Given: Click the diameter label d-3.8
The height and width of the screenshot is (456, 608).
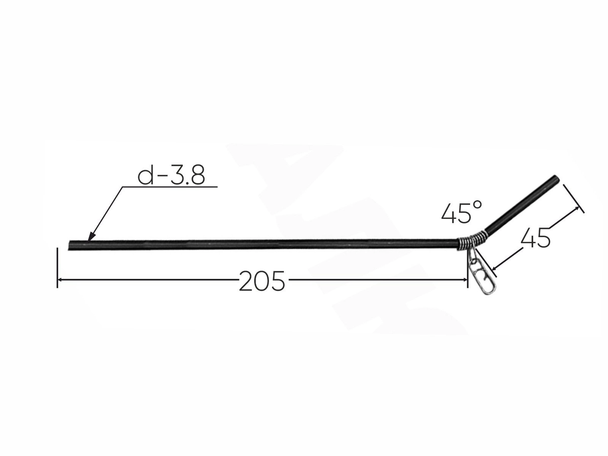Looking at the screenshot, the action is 171,176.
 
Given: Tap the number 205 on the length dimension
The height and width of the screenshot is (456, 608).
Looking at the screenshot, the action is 262,281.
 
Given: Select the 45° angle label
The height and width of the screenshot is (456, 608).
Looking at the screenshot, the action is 462,212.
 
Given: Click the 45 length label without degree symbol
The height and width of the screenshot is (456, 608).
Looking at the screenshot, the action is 536,238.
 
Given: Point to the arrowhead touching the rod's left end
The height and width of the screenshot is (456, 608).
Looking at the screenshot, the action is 91,236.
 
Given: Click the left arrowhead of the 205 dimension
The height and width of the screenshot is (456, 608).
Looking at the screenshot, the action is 61,280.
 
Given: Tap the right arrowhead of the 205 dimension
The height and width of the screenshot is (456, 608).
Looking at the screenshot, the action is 463,280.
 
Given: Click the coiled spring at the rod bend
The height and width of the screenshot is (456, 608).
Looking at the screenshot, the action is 471,242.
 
